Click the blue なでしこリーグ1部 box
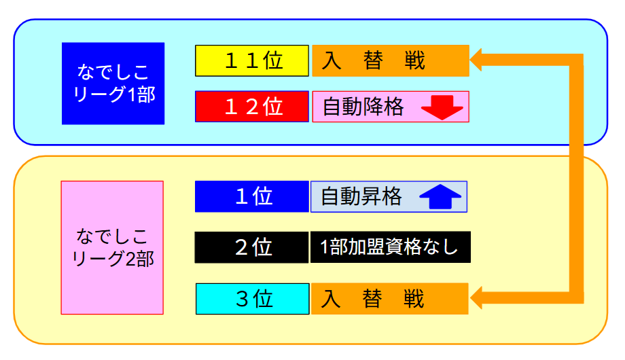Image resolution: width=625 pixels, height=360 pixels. (x=113, y=84)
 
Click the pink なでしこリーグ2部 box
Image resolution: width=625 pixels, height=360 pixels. (x=112, y=247)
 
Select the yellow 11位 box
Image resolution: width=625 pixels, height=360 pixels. (x=252, y=60)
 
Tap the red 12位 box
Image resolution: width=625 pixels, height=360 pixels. (x=252, y=107)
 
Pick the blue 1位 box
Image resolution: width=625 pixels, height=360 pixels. (x=252, y=196)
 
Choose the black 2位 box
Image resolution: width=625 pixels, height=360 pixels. (x=251, y=247)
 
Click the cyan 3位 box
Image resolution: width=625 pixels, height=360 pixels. (x=252, y=299)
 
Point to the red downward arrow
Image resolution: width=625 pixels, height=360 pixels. (x=442, y=107)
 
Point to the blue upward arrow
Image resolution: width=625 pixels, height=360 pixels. (x=440, y=196)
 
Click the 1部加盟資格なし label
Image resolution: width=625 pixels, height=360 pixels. (x=389, y=247)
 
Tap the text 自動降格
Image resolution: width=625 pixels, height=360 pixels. (x=363, y=107)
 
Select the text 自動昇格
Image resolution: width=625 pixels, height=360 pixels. (x=361, y=196)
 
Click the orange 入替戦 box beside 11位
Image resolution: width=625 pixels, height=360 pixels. (x=391, y=60)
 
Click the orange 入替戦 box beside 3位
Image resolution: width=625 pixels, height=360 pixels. (x=390, y=299)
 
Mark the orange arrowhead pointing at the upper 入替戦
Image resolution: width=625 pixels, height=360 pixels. (x=476, y=60)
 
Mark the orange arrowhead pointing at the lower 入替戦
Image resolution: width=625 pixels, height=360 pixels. (x=476, y=298)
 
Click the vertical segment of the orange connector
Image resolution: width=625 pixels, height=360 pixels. (x=576, y=179)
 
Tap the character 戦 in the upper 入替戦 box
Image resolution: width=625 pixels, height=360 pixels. (x=414, y=60)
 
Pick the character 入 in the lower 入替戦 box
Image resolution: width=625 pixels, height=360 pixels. (x=331, y=299)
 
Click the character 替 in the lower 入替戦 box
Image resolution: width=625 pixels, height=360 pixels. (x=372, y=299)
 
